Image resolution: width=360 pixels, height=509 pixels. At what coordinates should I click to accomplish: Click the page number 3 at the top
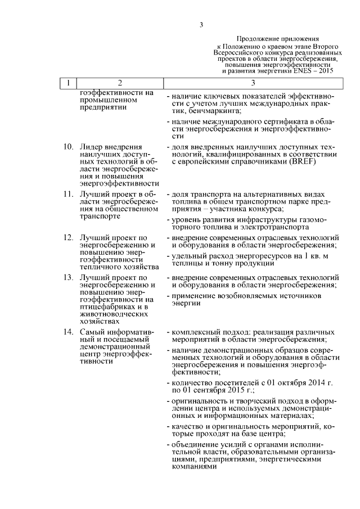click(x=201, y=24)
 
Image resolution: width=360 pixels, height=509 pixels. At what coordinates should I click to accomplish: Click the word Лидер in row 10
click(x=91, y=147)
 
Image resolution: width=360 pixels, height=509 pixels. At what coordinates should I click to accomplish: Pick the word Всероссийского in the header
click(x=239, y=51)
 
